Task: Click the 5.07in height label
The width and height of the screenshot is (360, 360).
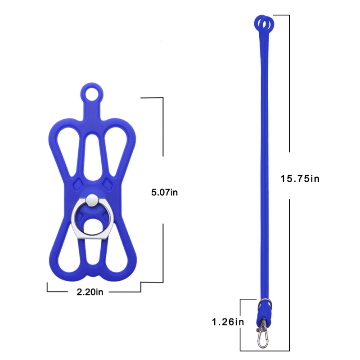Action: pos(165,193)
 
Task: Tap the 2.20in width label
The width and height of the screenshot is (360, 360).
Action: pos(90,292)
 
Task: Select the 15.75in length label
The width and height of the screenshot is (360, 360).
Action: pos(300,179)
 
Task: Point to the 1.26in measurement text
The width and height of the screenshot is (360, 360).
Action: pos(228,322)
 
